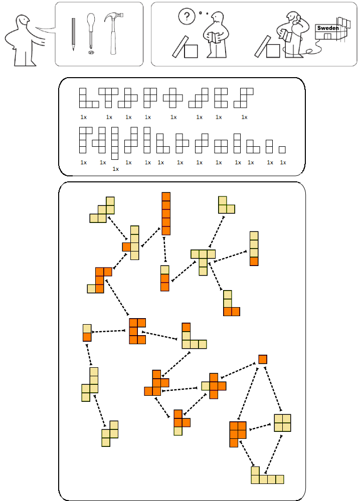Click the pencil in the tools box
pyautogui.click(x=73, y=34)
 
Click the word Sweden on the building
pyautogui.click(x=328, y=29)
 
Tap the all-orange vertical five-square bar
pyautogui.click(x=166, y=213)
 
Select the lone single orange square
pyautogui.click(x=263, y=359)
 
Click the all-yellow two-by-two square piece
pyautogui.click(x=282, y=423)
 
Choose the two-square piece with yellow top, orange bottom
pyautogui.click(x=87, y=333)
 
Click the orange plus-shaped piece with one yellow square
pyautogui.click(x=215, y=386)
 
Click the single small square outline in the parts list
pyautogui.click(x=282, y=149)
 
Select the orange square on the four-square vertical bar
pyautogui.click(x=254, y=262)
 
